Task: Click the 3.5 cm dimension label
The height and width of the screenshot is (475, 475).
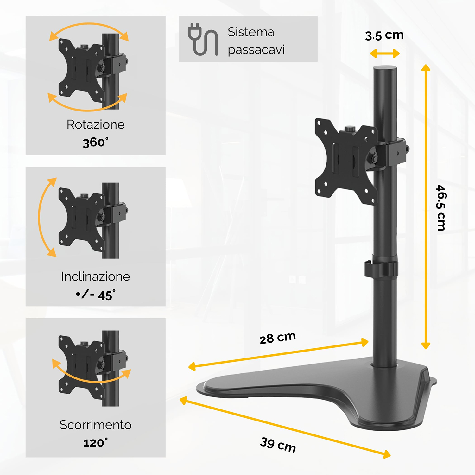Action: pos(384,35)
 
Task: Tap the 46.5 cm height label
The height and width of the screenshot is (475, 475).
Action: pos(441,207)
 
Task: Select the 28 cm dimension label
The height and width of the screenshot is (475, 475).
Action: pos(278,338)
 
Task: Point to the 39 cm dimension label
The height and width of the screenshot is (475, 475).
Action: pos(278,445)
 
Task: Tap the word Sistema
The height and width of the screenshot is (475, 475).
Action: pos(251,32)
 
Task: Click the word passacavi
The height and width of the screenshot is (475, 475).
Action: pos(256,50)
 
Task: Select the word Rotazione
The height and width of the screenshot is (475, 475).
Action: pos(96,124)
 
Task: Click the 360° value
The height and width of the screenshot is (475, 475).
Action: pos(96,142)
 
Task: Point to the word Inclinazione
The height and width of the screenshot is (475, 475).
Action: pos(96,276)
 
